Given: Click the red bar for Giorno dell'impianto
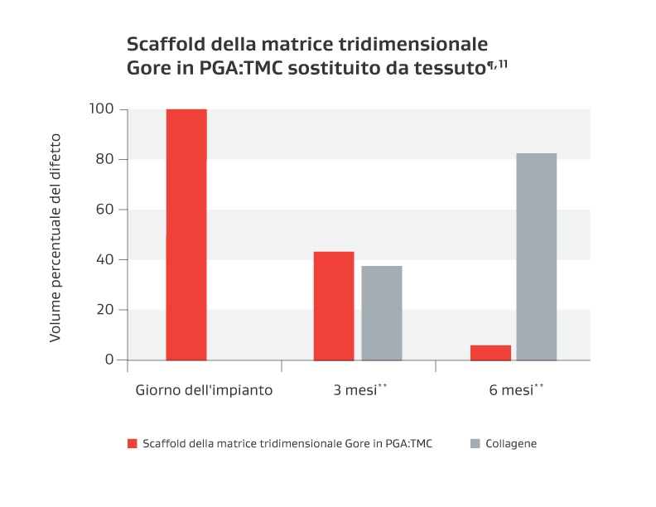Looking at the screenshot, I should point(186,234).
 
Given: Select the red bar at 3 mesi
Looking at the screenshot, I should point(334,306).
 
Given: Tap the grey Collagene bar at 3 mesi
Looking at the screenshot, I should point(382,313).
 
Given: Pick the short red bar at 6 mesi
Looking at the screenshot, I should point(490,353).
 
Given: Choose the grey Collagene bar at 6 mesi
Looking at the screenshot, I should point(537,257).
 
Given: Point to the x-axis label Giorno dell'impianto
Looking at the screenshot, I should point(204,389).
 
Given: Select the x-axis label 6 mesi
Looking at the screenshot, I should point(512,389).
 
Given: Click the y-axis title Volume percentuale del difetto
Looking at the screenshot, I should point(55,236).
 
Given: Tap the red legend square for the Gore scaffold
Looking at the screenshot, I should point(133,444).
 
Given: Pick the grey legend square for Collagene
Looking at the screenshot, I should point(475,444).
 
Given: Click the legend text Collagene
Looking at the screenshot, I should point(511,444).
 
